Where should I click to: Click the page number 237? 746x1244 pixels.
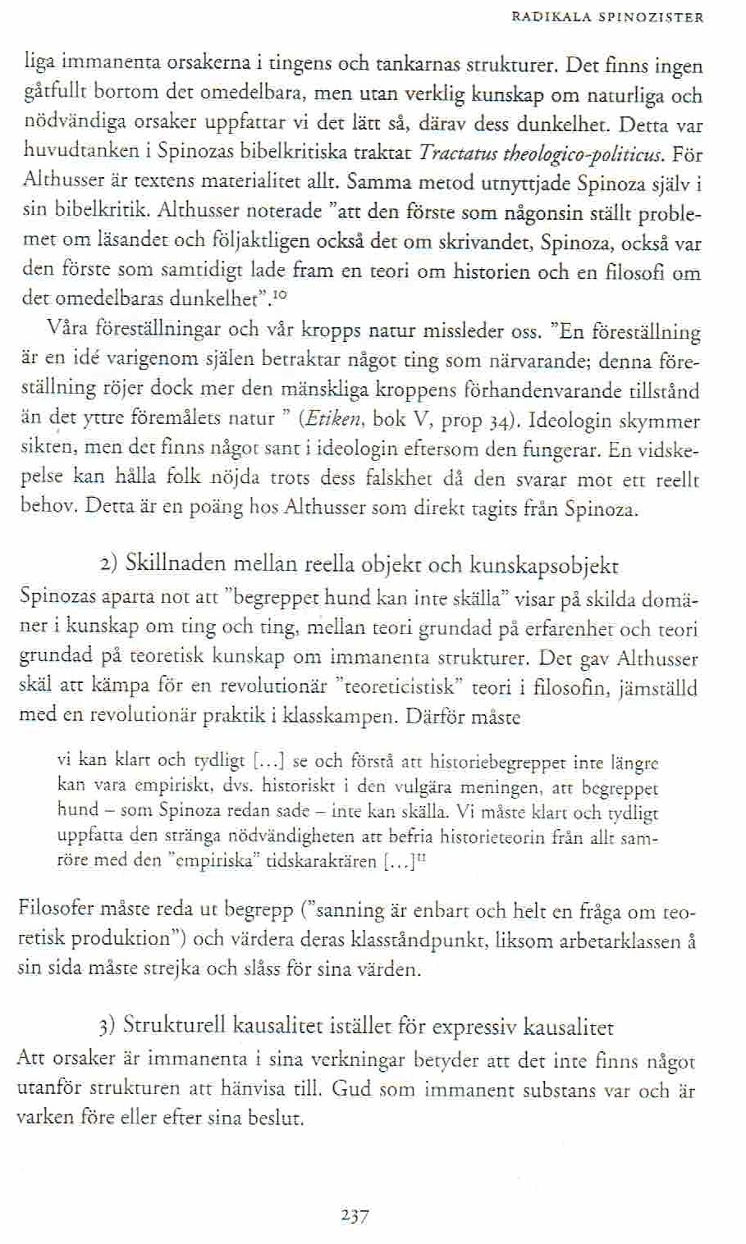coord(355,1215)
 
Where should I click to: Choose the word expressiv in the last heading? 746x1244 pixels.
coord(474,1026)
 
